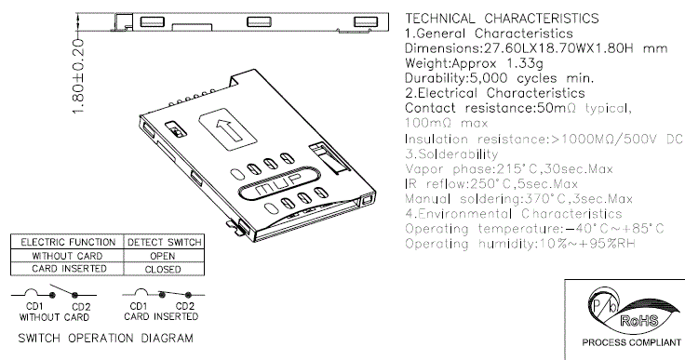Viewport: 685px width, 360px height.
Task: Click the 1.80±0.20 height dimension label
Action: [78, 76]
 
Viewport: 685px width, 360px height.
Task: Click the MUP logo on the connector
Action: [274, 183]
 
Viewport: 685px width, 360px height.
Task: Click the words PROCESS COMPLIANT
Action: [631, 342]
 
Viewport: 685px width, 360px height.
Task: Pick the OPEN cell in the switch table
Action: [163, 256]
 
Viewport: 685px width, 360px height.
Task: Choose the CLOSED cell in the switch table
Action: [163, 269]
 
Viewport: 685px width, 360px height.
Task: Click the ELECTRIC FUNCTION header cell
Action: [68, 242]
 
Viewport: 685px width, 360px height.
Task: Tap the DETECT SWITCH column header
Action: [165, 242]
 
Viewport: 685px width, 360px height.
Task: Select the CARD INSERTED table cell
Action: [69, 268]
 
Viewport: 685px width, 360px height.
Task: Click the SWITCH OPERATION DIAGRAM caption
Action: [105, 339]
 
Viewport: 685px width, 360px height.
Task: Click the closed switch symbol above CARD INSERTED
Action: [164, 293]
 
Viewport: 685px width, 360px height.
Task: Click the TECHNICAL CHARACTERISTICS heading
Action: [502, 19]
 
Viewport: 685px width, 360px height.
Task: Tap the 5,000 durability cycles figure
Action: [489, 79]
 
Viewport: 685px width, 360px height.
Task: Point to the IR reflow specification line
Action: [491, 184]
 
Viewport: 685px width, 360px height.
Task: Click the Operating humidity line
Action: [520, 244]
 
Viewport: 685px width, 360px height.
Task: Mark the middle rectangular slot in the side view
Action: [259, 21]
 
